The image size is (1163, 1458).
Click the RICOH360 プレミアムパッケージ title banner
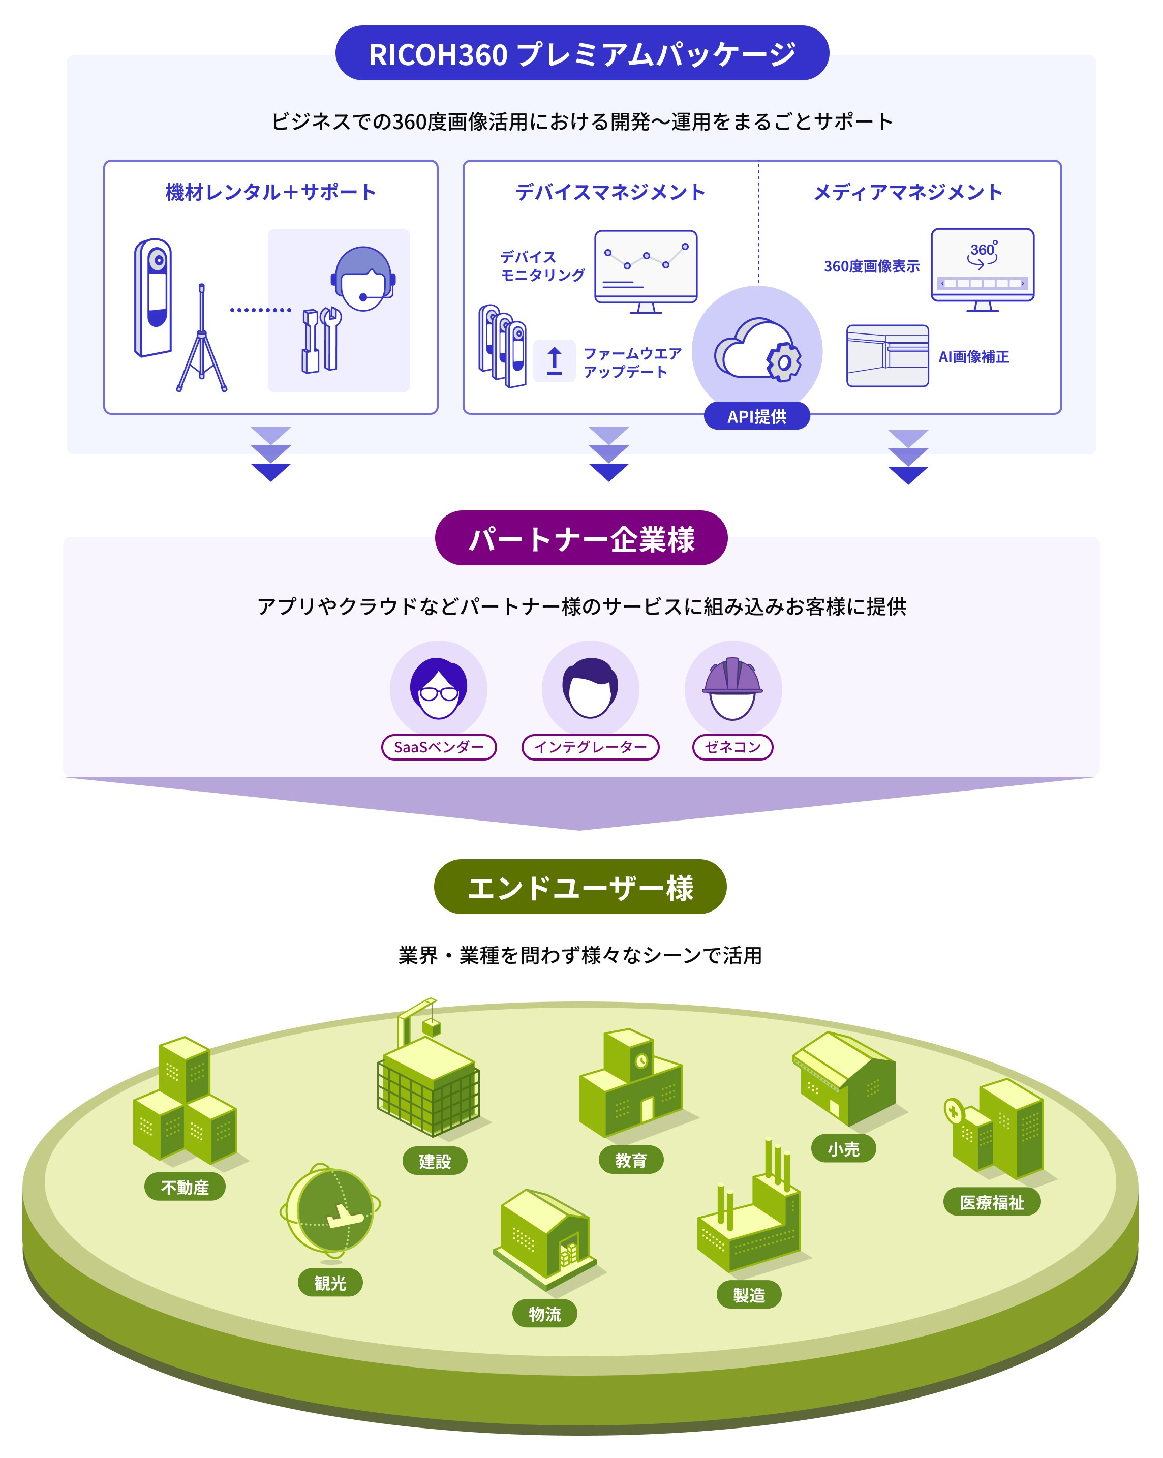[581, 53]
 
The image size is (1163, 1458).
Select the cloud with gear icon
[757, 350]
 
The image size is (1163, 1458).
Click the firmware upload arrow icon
[554, 360]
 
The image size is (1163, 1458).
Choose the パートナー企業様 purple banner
[581, 538]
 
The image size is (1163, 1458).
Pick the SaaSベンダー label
[439, 747]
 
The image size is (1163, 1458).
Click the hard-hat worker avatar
[732, 688]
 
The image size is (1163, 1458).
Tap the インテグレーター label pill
[590, 747]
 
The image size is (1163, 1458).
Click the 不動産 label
[185, 1187]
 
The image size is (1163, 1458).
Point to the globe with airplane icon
[330, 1211]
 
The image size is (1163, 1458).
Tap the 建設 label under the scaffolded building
[434, 1161]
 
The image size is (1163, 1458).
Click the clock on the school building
[641, 1061]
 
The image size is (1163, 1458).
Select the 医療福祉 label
[991, 1202]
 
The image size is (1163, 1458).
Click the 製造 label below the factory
[749, 1295]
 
